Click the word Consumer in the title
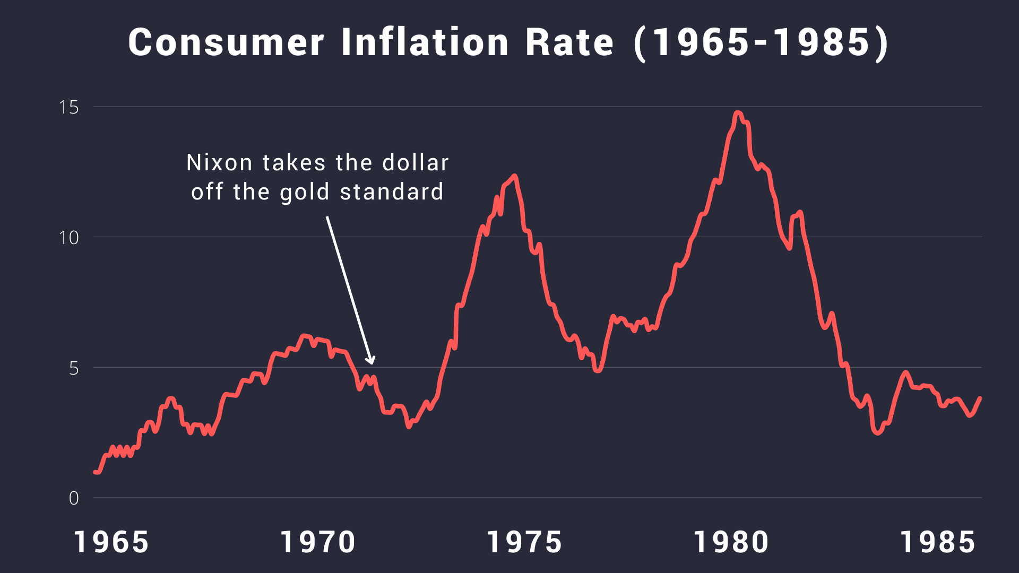point(226,42)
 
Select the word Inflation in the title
point(425,42)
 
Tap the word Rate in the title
point(569,42)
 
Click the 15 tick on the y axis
point(69,107)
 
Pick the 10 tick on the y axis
point(69,238)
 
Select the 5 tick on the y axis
point(74,368)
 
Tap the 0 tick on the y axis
point(74,498)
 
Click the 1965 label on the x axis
point(111,543)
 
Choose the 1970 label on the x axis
point(318,543)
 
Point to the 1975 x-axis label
point(524,543)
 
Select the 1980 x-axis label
point(731,543)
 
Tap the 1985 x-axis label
point(938,543)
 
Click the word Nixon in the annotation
point(219,163)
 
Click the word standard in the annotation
point(392,192)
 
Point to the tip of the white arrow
point(372,363)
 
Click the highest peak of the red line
point(737,112)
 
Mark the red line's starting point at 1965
point(96,472)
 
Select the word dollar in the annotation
point(416,163)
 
